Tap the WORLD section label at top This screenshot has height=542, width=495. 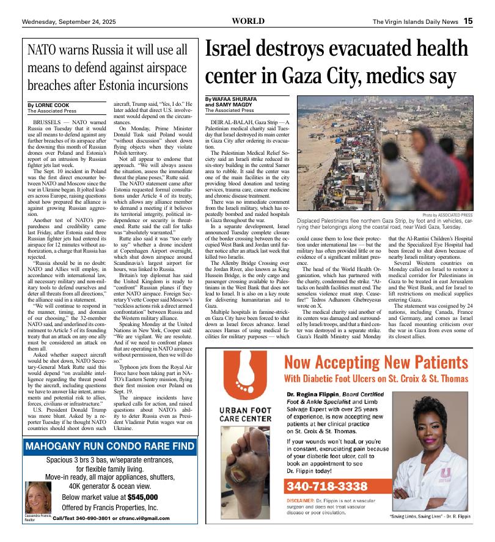click(x=248, y=21)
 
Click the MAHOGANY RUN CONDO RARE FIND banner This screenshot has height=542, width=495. click(x=110, y=447)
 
